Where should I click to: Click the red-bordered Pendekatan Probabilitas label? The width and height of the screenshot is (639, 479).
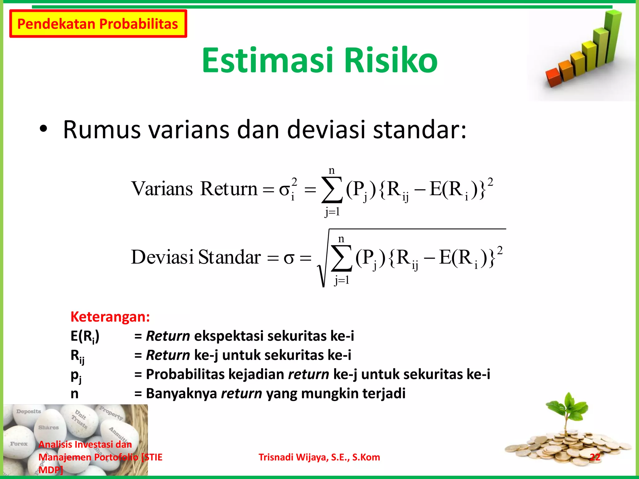pos(98,24)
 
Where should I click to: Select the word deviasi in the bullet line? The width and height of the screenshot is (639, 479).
pos(326,130)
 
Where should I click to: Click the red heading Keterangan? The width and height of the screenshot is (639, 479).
pos(110,317)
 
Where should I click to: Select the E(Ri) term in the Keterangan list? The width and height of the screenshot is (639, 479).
pos(85,336)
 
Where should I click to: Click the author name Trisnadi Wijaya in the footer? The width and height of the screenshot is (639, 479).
pos(319,457)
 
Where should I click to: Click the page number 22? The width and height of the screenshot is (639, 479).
pos(595,457)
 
